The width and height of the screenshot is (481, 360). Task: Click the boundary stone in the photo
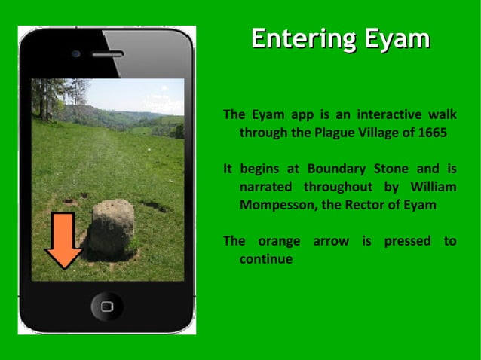pyautogui.click(x=112, y=226)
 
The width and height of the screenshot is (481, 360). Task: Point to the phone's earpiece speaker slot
pyautogui.click(x=106, y=54)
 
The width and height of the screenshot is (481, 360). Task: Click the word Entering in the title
pyautogui.click(x=298, y=39)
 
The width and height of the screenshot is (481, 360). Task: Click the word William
pyautogui.click(x=434, y=187)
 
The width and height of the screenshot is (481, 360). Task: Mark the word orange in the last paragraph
pyautogui.click(x=279, y=241)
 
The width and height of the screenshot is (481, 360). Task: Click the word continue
pyautogui.click(x=265, y=259)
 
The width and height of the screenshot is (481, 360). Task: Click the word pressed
pyautogui.click(x=408, y=241)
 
